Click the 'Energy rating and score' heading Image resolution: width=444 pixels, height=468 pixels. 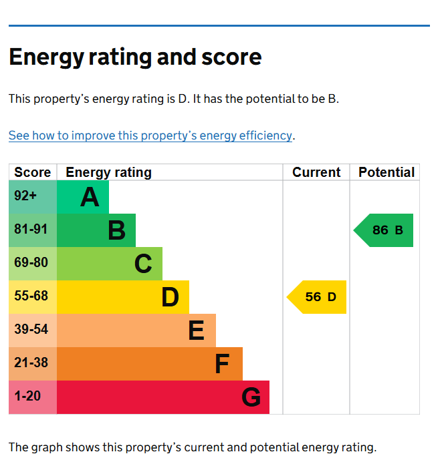[x=135, y=57]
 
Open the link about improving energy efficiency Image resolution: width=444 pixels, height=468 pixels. [x=150, y=136]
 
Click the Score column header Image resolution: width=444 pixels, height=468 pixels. [x=32, y=172]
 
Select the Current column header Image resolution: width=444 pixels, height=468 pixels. [x=316, y=172]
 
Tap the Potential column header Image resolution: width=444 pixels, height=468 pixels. [x=386, y=172]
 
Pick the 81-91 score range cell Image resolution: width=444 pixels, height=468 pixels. [x=31, y=230]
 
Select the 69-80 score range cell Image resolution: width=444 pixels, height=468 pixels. [x=31, y=263]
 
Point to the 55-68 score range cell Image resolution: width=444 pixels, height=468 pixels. [x=31, y=296]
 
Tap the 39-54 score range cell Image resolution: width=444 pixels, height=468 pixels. [x=31, y=329]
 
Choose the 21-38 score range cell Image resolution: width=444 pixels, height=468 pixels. [x=31, y=363]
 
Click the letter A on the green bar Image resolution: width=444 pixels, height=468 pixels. [x=90, y=197]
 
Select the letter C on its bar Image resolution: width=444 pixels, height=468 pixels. [x=143, y=264]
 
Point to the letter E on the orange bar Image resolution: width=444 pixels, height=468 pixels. [x=196, y=330]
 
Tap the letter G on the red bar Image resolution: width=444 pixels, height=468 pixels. [x=251, y=397]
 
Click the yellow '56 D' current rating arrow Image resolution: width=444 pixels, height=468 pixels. [x=318, y=297]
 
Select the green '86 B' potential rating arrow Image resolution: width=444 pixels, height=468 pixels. [x=384, y=230]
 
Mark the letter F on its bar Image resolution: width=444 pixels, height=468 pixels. [x=222, y=364]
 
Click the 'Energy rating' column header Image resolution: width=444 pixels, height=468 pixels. [x=108, y=172]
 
